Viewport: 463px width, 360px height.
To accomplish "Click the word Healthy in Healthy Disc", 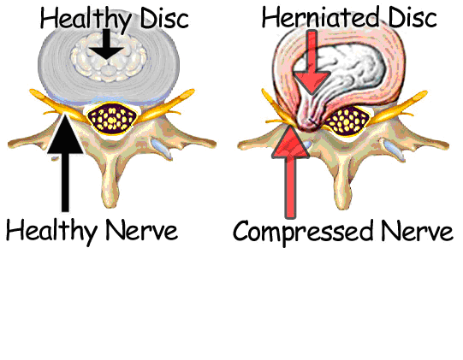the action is coord(86,19).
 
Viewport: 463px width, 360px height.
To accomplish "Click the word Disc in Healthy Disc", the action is coord(164,18).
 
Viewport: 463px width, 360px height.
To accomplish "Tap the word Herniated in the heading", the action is coord(320,17).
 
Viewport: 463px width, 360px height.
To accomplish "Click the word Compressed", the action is coord(303,233).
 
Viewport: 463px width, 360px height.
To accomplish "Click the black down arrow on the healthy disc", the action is coord(106,44).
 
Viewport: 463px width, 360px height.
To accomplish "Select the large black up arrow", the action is coord(65,162).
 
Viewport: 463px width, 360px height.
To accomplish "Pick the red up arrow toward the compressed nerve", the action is coord(290,172).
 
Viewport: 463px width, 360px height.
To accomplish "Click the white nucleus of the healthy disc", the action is coord(109,57).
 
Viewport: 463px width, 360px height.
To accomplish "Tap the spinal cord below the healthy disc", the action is coord(112,120).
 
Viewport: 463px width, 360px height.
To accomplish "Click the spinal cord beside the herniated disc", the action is coord(347,121).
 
